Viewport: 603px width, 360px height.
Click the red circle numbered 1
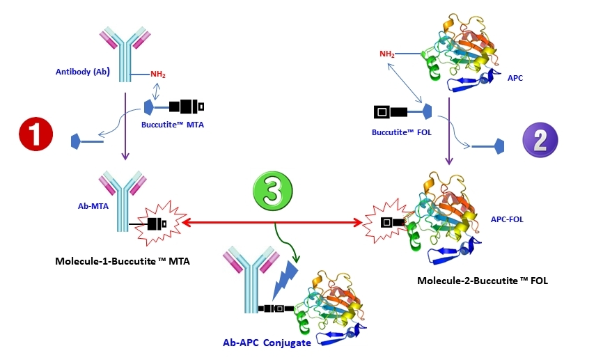(36, 134)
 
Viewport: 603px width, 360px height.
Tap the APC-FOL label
(507, 219)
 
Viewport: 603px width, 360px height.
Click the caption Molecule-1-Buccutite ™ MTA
(122, 261)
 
